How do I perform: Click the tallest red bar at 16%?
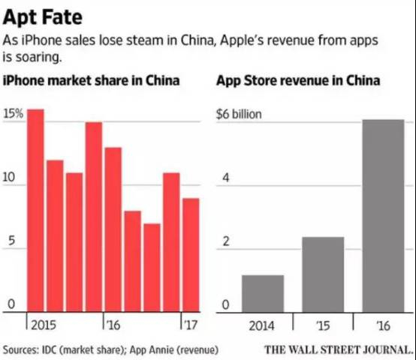pyautogui.click(x=35, y=210)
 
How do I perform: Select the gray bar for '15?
pyautogui.click(x=323, y=274)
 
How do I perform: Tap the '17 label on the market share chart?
pyautogui.click(x=189, y=325)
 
